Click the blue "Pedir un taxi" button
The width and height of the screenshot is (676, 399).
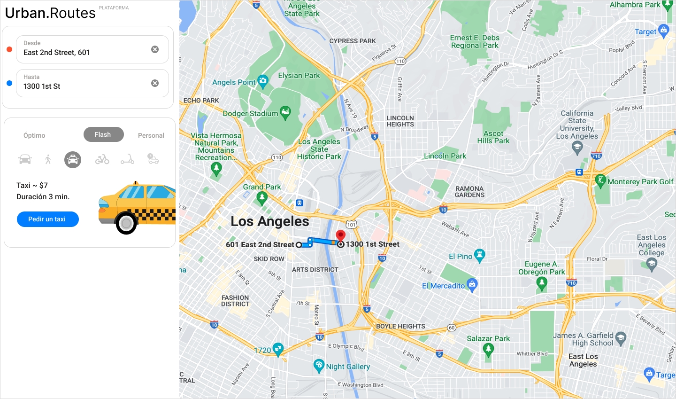pyautogui.click(x=47, y=219)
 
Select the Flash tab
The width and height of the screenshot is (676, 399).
pyautogui.click(x=103, y=134)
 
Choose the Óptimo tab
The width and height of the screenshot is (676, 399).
pyautogui.click(x=34, y=135)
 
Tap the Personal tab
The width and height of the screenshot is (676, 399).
pyautogui.click(x=151, y=135)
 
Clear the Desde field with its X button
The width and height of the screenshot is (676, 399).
pyautogui.click(x=155, y=49)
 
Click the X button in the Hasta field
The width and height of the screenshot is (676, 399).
pyautogui.click(x=155, y=83)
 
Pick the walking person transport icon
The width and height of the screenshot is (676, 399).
pyautogui.click(x=48, y=159)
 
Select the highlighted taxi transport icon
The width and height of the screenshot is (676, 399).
pyautogui.click(x=73, y=160)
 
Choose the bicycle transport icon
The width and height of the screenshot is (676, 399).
pyautogui.click(x=102, y=159)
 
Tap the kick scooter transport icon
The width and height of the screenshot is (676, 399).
pyautogui.click(x=127, y=159)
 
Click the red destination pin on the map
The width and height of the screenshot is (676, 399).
pyautogui.click(x=341, y=236)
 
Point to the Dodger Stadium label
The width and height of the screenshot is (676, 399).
pyautogui.click(x=250, y=113)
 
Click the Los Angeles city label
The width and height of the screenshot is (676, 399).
pyautogui.click(x=270, y=221)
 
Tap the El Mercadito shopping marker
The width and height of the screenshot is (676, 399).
pyautogui.click(x=472, y=284)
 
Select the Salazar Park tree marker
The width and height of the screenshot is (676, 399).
pyautogui.click(x=488, y=349)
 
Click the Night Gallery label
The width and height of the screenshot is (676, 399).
pyautogui.click(x=348, y=367)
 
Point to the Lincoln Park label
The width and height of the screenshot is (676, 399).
pyautogui.click(x=445, y=156)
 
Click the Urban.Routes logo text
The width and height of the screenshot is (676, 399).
pyautogui.click(x=50, y=13)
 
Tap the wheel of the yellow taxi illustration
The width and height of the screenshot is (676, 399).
pyautogui.click(x=126, y=224)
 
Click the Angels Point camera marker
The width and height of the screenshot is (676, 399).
pyautogui.click(x=263, y=80)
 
